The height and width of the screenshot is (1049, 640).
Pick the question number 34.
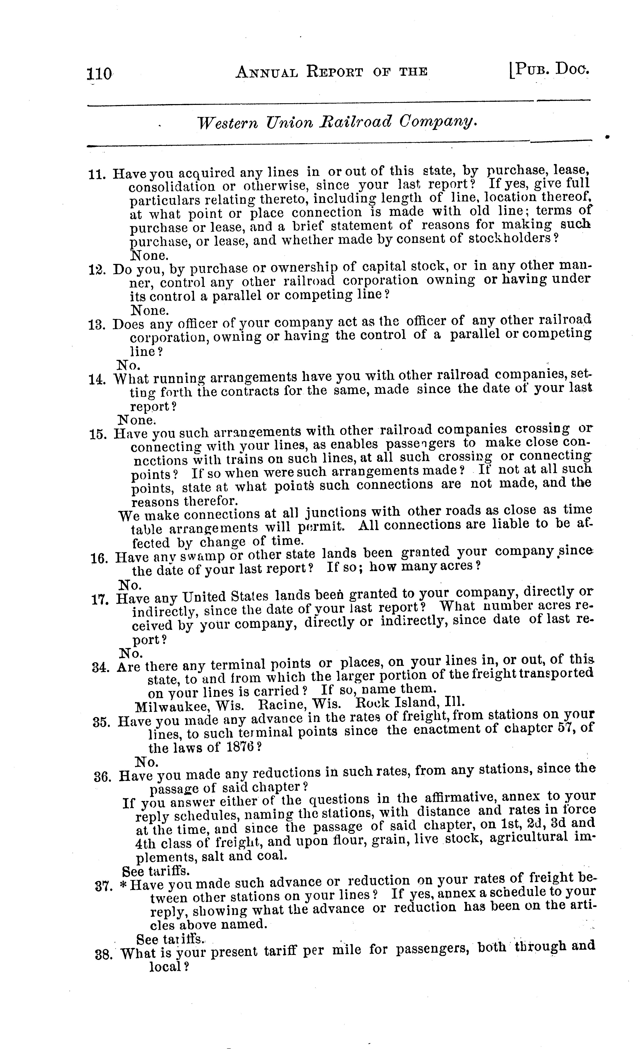click(x=101, y=667)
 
